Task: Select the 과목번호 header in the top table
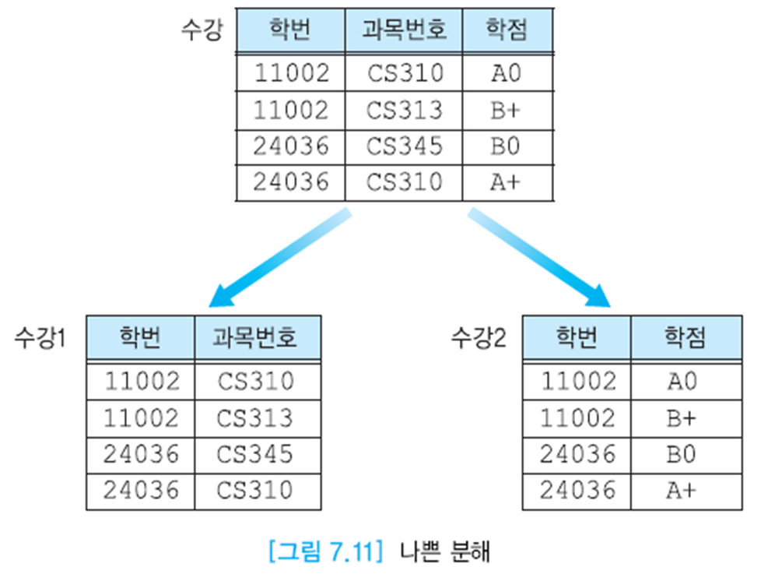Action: pyautogui.click(x=404, y=32)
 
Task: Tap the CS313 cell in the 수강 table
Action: pyautogui.click(x=404, y=110)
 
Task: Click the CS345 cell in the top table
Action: pyautogui.click(x=404, y=146)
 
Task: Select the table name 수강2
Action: pyautogui.click(x=479, y=338)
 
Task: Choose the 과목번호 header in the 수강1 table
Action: pyautogui.click(x=256, y=338)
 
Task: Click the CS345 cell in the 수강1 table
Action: pyautogui.click(x=256, y=454)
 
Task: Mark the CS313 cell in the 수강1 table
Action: pyautogui.click(x=256, y=418)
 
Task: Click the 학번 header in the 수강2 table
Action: pyautogui.click(x=577, y=338)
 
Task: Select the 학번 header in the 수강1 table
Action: pyautogui.click(x=141, y=338)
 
